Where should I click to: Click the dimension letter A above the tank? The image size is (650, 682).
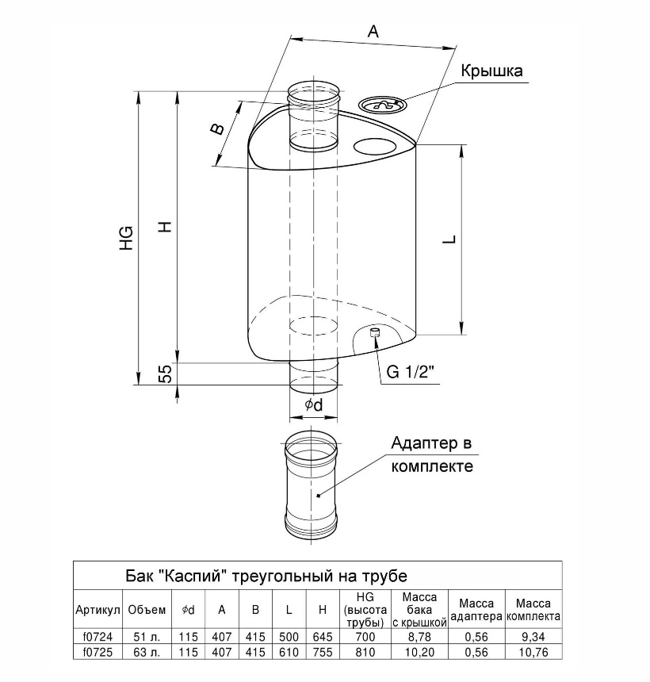[x=374, y=32]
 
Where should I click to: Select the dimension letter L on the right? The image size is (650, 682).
[x=449, y=239]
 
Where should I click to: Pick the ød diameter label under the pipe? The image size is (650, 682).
[x=314, y=405]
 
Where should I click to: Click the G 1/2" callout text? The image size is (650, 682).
[x=413, y=374]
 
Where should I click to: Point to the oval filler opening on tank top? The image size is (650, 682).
[x=374, y=146]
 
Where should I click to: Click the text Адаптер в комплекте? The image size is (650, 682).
[x=432, y=454]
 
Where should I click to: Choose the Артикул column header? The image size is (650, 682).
[x=97, y=610]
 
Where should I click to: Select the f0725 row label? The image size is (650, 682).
[x=97, y=653]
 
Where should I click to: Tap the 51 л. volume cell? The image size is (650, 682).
[x=147, y=638]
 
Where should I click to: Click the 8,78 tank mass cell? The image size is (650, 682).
[x=420, y=638]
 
